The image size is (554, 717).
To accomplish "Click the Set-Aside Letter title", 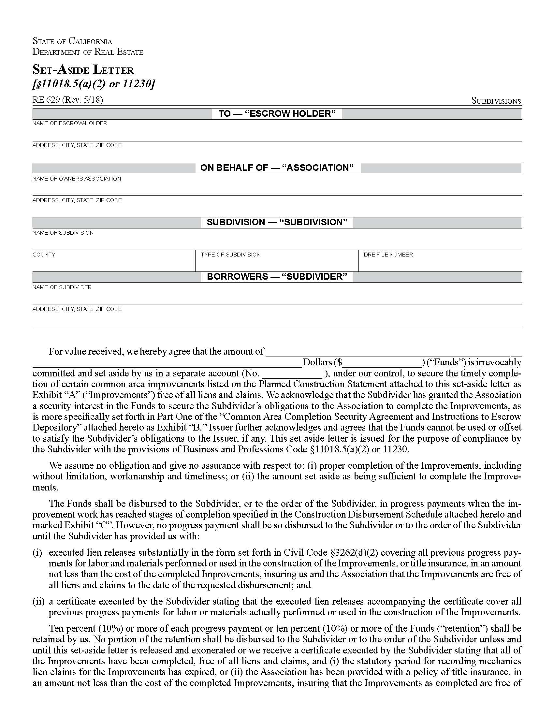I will point(83,70).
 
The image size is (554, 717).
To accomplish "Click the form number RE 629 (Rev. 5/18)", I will point(67,100).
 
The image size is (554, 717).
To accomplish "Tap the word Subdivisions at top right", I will point(496,101).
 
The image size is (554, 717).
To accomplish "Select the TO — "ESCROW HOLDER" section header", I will point(277,114).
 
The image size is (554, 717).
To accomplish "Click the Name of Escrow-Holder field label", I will point(70,124).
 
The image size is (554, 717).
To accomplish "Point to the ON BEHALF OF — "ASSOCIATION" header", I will point(277,168).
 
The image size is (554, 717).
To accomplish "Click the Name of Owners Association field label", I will point(77,179).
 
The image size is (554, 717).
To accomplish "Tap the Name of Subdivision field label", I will point(63,233).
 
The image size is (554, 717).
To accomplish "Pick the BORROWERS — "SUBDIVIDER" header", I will point(277,276).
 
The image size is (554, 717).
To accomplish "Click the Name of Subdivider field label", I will point(62,287).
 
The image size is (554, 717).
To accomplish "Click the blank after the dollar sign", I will point(382,363).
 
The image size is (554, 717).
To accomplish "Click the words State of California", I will point(72,41).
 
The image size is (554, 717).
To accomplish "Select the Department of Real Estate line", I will point(88,52).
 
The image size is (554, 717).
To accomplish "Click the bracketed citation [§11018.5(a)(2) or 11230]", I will point(94,84).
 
